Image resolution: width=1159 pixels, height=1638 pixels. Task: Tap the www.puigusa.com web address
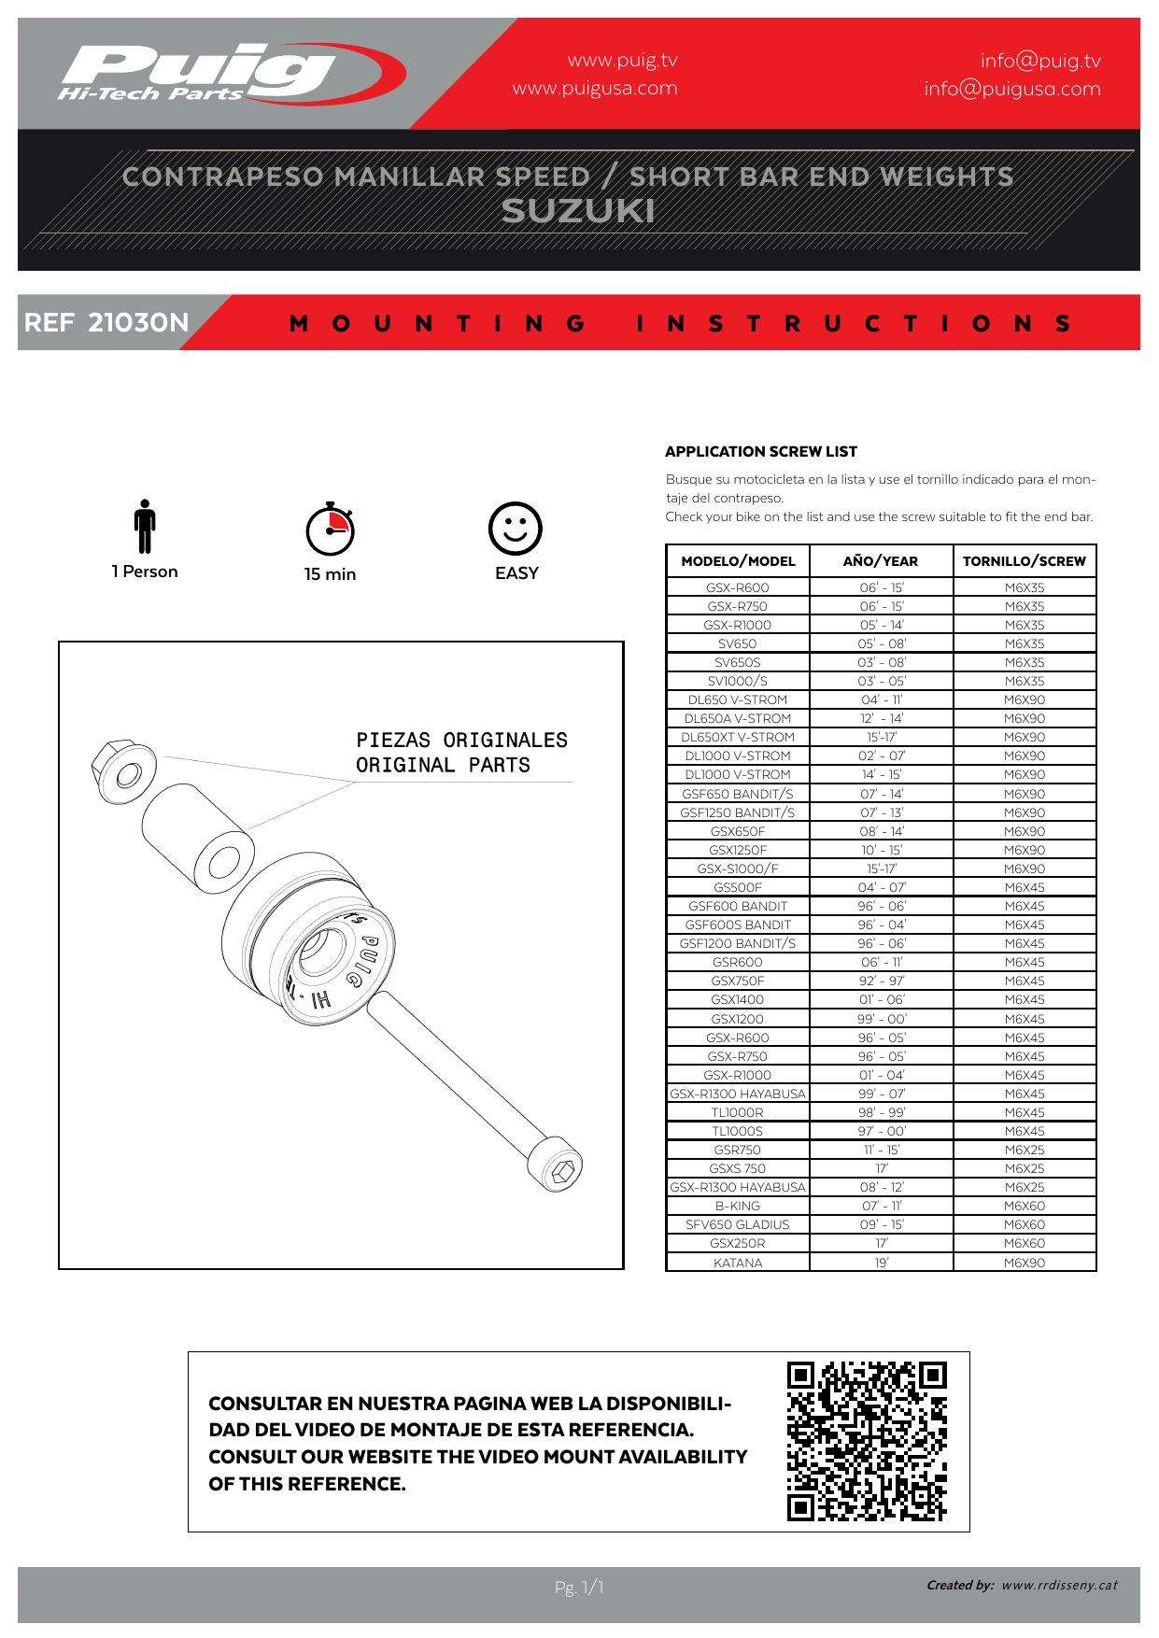pos(594,89)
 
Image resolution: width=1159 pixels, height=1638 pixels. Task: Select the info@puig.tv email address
pos(1039,61)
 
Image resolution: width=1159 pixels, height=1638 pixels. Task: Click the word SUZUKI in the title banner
pos(578,212)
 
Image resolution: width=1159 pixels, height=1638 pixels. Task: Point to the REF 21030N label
pos(106,323)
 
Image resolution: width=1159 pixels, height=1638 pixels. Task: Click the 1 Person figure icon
pos(144,527)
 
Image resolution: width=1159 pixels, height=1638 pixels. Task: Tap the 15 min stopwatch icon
pos(330,529)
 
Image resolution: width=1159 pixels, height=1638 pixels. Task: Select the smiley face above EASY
pos(516,529)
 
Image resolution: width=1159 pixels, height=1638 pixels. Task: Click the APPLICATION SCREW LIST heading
pos(760,452)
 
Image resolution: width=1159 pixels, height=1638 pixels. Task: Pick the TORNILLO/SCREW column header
pos(1024,561)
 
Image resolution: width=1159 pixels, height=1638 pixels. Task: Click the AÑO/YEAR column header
pos(880,561)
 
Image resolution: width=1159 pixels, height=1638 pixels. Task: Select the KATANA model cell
pos(737,1263)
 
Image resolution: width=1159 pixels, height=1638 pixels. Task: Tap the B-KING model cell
pos(737,1206)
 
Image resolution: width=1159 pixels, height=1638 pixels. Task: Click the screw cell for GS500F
pos(1024,887)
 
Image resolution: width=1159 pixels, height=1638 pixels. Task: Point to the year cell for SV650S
pos(881,662)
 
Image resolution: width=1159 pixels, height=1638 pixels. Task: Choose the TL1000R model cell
pos(737,1112)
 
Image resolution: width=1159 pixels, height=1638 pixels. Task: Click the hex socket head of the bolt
pos(559,1173)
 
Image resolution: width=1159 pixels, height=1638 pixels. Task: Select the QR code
pos(867,1441)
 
